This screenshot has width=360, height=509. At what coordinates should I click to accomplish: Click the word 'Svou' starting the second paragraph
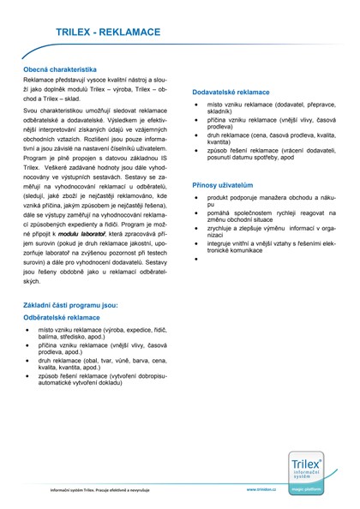click(31, 112)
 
